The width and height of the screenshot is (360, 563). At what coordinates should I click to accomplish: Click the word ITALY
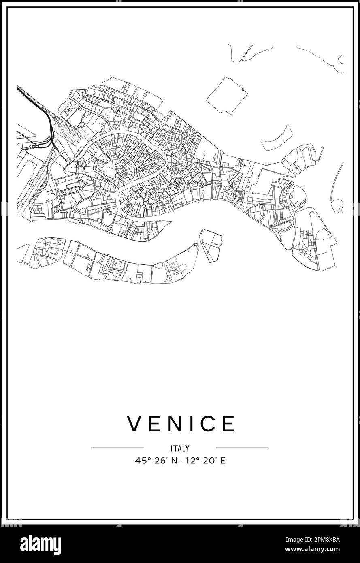pyautogui.click(x=180, y=448)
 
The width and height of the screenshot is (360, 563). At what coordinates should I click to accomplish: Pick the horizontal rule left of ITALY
pyautogui.click(x=118, y=448)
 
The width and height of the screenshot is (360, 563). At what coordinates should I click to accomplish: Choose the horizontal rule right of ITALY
pyautogui.click(x=242, y=448)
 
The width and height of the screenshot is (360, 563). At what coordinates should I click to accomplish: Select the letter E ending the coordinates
pyautogui.click(x=223, y=461)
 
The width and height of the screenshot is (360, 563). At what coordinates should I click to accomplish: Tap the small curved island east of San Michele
pyautogui.click(x=277, y=139)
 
